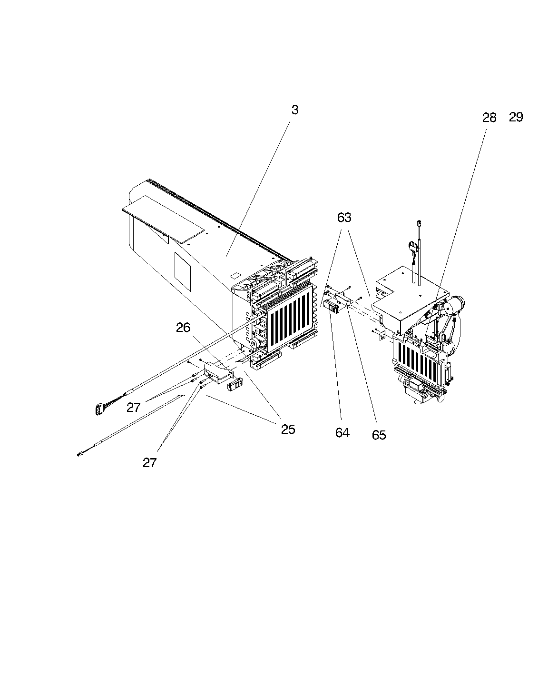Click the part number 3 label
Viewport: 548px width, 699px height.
click(x=295, y=110)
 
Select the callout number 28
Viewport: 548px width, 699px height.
click(x=489, y=118)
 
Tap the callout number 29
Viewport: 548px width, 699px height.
click(x=516, y=117)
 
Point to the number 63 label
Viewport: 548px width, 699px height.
click(x=344, y=218)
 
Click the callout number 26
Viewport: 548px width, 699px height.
click(x=183, y=328)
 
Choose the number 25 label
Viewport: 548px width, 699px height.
click(x=288, y=429)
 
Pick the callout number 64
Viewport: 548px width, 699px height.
click(x=342, y=433)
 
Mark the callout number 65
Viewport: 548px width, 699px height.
click(x=379, y=435)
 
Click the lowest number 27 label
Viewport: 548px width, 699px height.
click(x=150, y=463)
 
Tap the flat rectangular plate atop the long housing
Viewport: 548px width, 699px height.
click(x=163, y=219)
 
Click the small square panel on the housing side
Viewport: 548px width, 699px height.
click(x=183, y=271)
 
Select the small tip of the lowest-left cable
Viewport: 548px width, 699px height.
click(x=79, y=455)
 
